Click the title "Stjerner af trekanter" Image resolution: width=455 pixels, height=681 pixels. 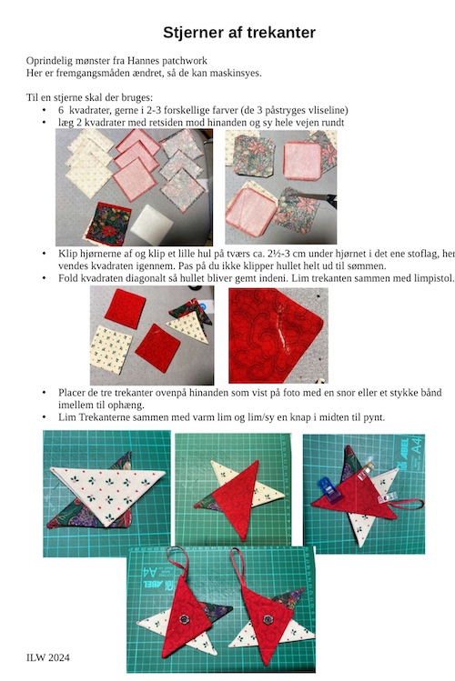point(239,33)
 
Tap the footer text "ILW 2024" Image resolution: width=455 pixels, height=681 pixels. point(48,657)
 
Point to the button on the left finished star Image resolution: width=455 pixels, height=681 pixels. point(185,618)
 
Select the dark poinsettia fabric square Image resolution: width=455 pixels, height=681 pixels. point(108,224)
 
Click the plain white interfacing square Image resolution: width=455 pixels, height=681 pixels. point(151,225)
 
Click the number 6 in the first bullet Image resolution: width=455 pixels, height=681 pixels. point(61,110)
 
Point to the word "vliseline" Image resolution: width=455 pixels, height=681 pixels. point(328,110)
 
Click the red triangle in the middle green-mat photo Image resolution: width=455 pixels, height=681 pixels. point(237,496)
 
